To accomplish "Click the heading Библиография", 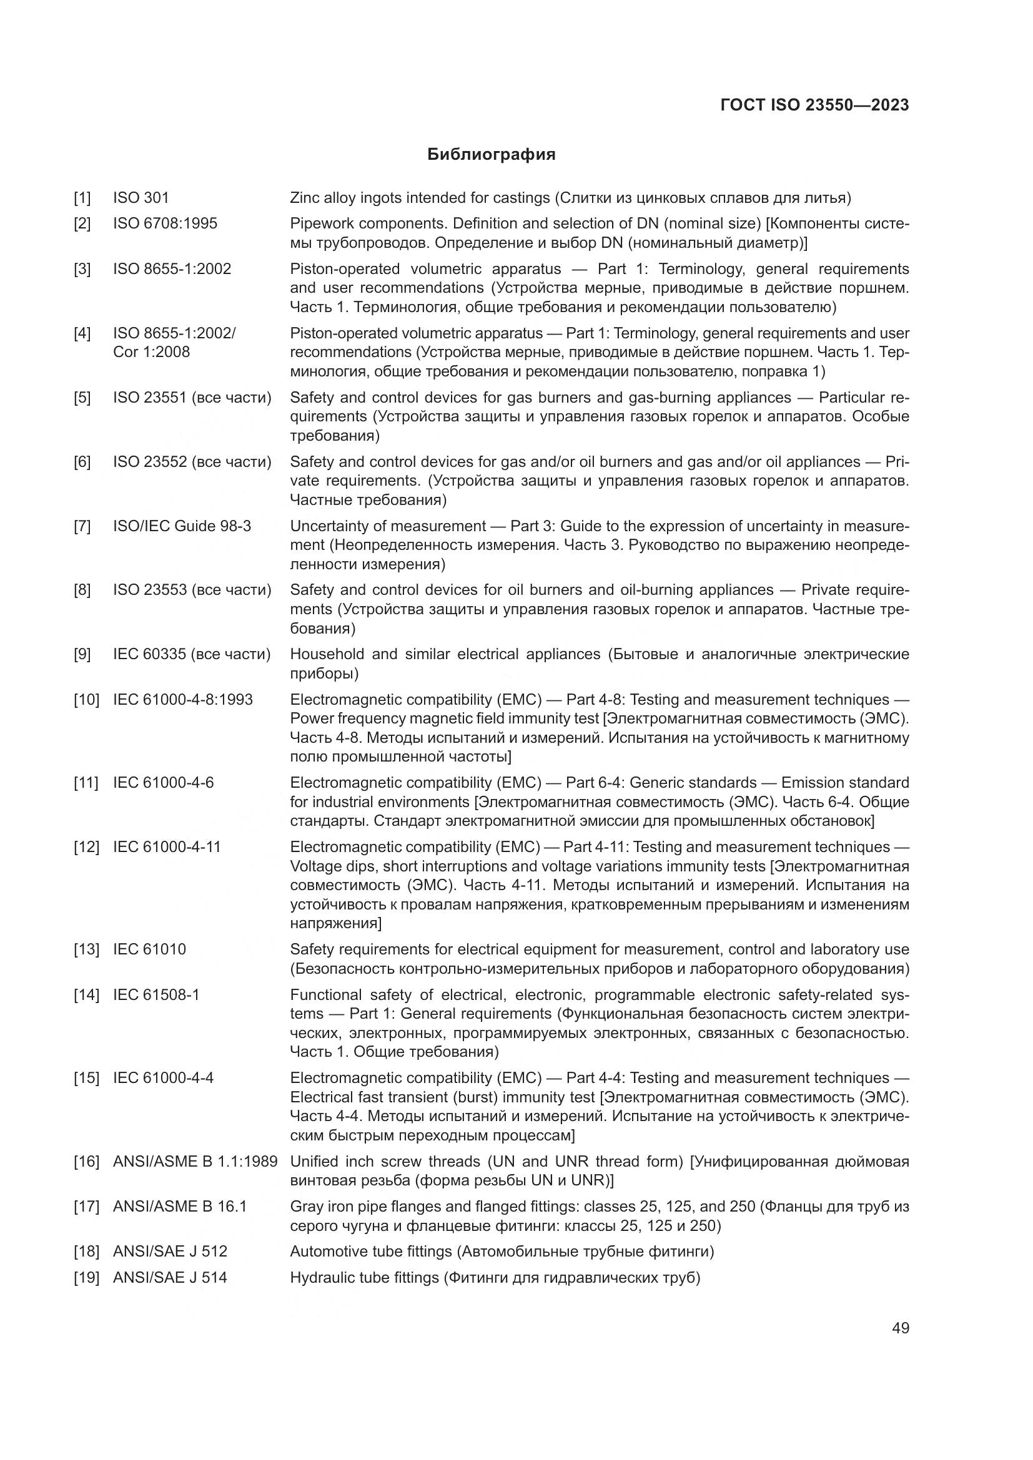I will [x=491, y=155].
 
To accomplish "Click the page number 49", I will [x=900, y=1328].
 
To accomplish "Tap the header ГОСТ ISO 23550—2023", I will [x=815, y=105].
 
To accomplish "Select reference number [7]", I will [x=82, y=527].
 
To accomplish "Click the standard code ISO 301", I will [x=141, y=198].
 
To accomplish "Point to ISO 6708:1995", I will [x=165, y=224].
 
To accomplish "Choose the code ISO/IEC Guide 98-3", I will [x=182, y=527].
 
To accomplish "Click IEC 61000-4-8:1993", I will [x=182, y=700].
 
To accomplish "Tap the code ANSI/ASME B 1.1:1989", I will [x=195, y=1162].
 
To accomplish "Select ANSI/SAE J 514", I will [x=170, y=1278].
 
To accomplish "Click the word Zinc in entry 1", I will [x=305, y=198].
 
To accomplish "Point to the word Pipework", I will [x=319, y=224].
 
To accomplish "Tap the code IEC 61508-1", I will [x=156, y=994].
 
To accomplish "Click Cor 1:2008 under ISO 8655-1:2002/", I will [x=151, y=352].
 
